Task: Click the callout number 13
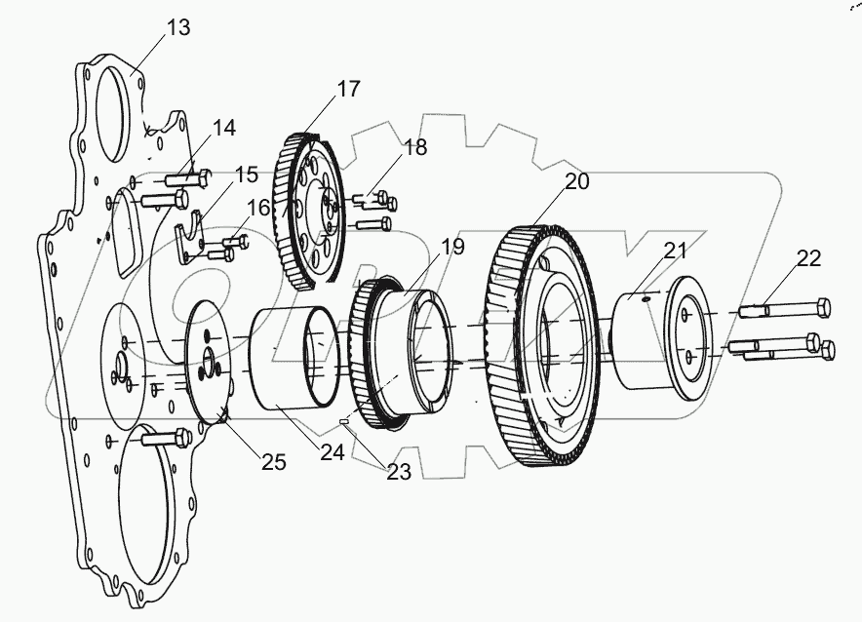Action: (177, 27)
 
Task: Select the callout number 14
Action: (223, 128)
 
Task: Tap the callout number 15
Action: (246, 175)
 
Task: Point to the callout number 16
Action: (258, 207)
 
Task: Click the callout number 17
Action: (348, 90)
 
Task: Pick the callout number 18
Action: (414, 147)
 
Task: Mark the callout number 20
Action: (576, 182)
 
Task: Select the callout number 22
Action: (808, 258)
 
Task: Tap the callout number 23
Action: (398, 472)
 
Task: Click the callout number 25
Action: (273, 462)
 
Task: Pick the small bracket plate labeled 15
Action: (192, 243)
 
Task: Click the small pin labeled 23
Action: (345, 421)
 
